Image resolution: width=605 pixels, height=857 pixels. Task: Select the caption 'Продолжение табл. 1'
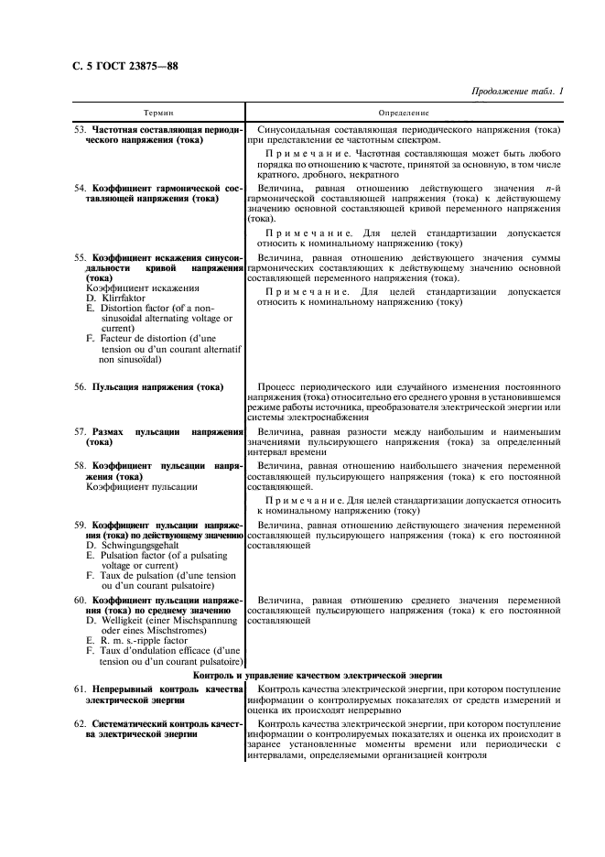[x=517, y=92]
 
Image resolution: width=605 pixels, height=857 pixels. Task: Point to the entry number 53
[x=81, y=131]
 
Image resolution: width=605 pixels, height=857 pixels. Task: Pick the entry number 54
[x=81, y=187]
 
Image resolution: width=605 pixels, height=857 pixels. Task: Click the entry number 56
[x=81, y=387]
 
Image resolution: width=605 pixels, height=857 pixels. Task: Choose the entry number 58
[x=81, y=466]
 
